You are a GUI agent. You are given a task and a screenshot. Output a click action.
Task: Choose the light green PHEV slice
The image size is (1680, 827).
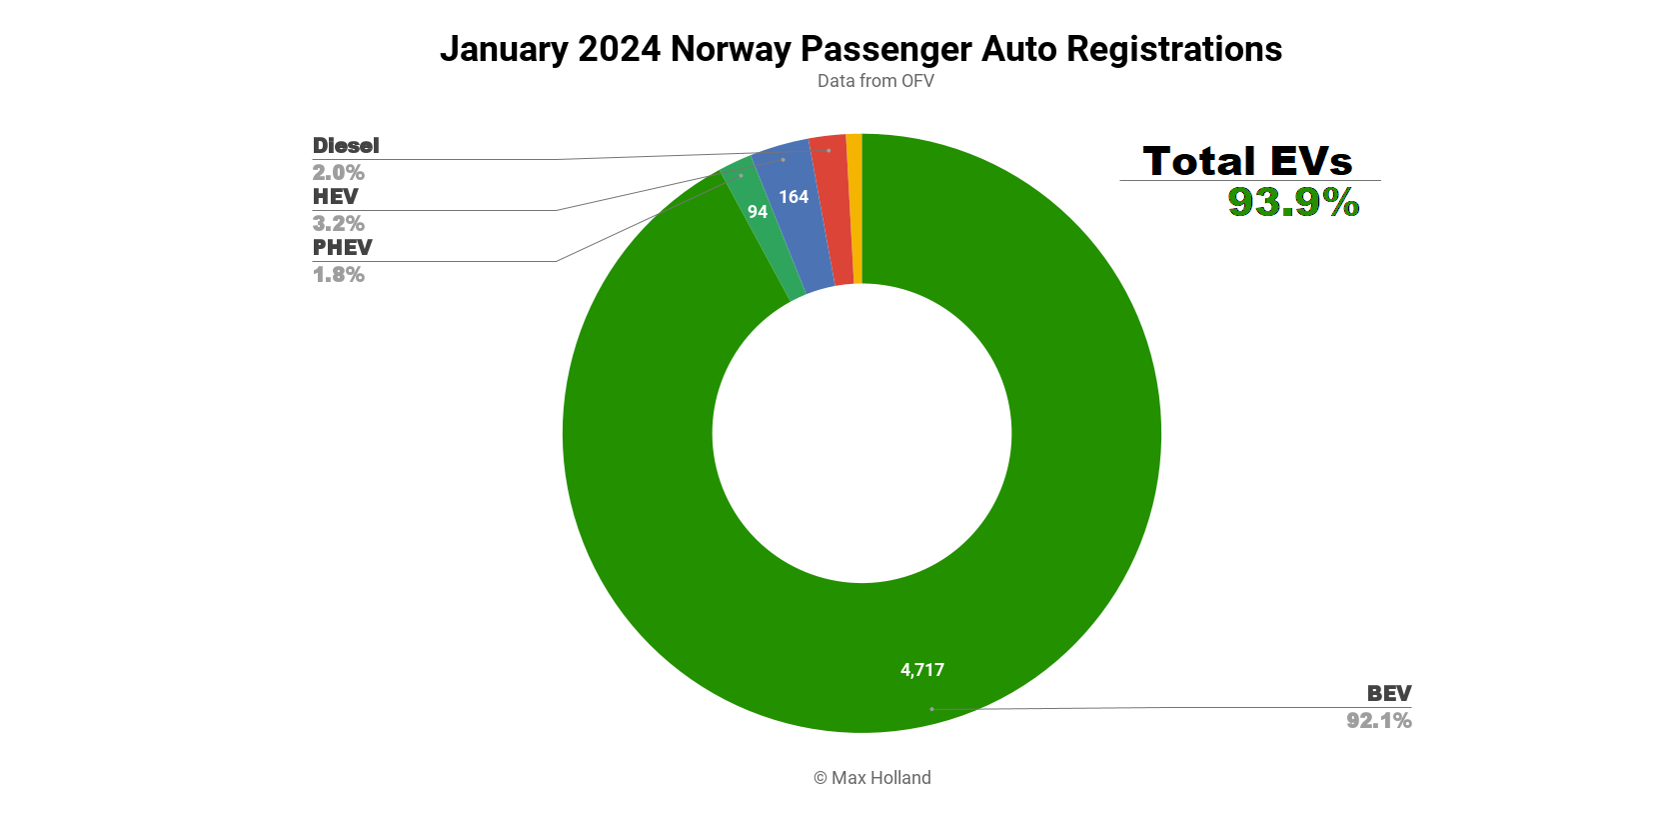[x=770, y=240]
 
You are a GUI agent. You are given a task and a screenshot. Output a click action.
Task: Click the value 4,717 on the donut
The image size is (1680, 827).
[x=921, y=670]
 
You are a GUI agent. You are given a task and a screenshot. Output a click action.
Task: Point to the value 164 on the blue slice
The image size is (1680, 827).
[x=794, y=197]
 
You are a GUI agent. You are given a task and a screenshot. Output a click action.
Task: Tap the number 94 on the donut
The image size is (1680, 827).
[x=758, y=212]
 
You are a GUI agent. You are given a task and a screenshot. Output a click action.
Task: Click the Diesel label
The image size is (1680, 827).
[x=346, y=146]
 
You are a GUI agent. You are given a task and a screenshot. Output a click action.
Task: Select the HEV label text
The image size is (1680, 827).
[x=335, y=197]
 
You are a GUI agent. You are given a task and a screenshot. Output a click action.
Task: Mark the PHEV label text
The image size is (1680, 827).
[x=342, y=248]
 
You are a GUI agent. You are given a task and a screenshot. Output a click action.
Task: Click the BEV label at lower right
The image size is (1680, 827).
[x=1389, y=694]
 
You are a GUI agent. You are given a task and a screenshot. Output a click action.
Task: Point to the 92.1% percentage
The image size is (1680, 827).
[x=1378, y=721]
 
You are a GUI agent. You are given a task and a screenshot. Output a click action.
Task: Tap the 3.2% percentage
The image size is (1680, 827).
[x=338, y=224]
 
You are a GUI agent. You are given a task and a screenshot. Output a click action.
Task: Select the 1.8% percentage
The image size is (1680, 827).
[x=338, y=275]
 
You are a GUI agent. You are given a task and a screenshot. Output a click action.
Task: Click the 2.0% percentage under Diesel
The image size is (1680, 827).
[x=338, y=173]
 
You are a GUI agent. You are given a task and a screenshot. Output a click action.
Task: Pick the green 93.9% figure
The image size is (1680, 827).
[x=1293, y=203]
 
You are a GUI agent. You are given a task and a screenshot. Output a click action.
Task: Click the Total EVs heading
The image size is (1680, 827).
[x=1247, y=161]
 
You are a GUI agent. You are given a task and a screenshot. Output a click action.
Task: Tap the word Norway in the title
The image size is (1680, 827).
[x=731, y=49]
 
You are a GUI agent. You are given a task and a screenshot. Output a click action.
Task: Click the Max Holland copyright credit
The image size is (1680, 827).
[x=871, y=778]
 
